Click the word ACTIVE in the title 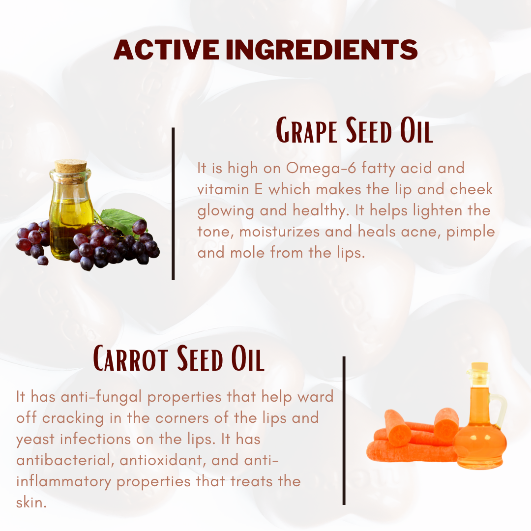click(166, 50)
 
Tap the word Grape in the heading click(306, 130)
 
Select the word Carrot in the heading click(130, 358)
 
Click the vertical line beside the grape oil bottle click(173, 204)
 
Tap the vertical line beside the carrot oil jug click(344, 430)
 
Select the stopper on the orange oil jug click(480, 370)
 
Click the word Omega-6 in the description click(321, 168)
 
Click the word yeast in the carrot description click(35, 440)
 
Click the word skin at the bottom click(31, 502)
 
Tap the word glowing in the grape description click(226, 210)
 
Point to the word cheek click(472, 189)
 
